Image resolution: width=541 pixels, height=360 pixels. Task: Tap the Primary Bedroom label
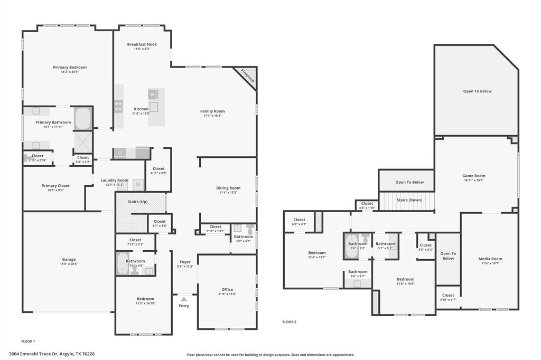coord(70,68)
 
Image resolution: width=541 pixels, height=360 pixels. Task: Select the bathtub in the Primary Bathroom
coord(83,119)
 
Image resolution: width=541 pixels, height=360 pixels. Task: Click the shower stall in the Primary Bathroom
coord(83,142)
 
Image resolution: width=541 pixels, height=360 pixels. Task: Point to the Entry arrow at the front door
coord(184,299)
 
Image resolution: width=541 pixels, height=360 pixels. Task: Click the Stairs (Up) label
coord(138,202)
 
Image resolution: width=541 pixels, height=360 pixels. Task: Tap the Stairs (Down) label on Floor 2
coord(409,200)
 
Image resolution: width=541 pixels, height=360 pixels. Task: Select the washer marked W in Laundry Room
coord(138,185)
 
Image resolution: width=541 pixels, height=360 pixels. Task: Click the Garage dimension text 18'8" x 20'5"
coord(69,264)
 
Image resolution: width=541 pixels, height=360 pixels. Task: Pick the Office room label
coord(227,289)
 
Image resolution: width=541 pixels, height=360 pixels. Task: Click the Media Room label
coord(490,259)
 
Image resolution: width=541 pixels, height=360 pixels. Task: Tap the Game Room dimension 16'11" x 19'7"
coord(473,181)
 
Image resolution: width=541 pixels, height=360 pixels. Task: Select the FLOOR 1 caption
coord(28,342)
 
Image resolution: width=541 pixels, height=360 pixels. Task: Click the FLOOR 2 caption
coord(290,321)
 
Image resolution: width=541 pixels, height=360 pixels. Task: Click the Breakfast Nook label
coord(142,44)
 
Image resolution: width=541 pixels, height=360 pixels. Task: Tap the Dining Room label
coord(228,188)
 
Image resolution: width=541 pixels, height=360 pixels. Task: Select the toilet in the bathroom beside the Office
coord(249,229)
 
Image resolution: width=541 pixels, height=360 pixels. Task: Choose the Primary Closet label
coord(55,186)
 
